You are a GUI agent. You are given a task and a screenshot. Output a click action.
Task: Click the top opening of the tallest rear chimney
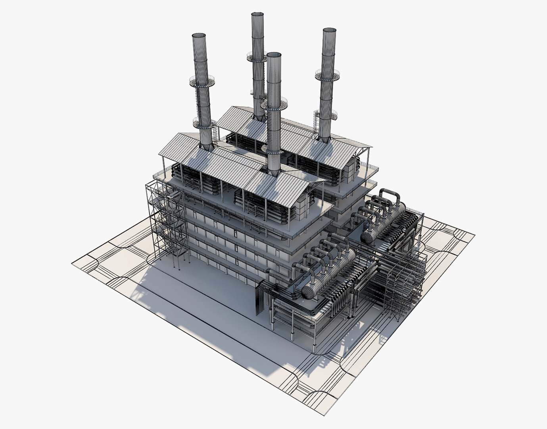tap(257, 14)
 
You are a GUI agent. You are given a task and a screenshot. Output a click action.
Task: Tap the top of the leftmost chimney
tap(200, 35)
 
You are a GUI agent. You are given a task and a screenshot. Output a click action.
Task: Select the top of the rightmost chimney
tap(329, 30)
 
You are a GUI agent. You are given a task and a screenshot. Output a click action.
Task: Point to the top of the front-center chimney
tap(274, 54)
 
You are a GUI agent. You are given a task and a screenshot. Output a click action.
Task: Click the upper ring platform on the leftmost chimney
tap(202, 82)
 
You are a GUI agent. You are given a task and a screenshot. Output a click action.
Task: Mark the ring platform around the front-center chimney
tap(274, 104)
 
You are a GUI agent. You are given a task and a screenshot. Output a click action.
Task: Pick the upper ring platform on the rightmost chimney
tap(328, 74)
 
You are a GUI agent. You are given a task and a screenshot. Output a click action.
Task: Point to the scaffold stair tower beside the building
tap(167, 222)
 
